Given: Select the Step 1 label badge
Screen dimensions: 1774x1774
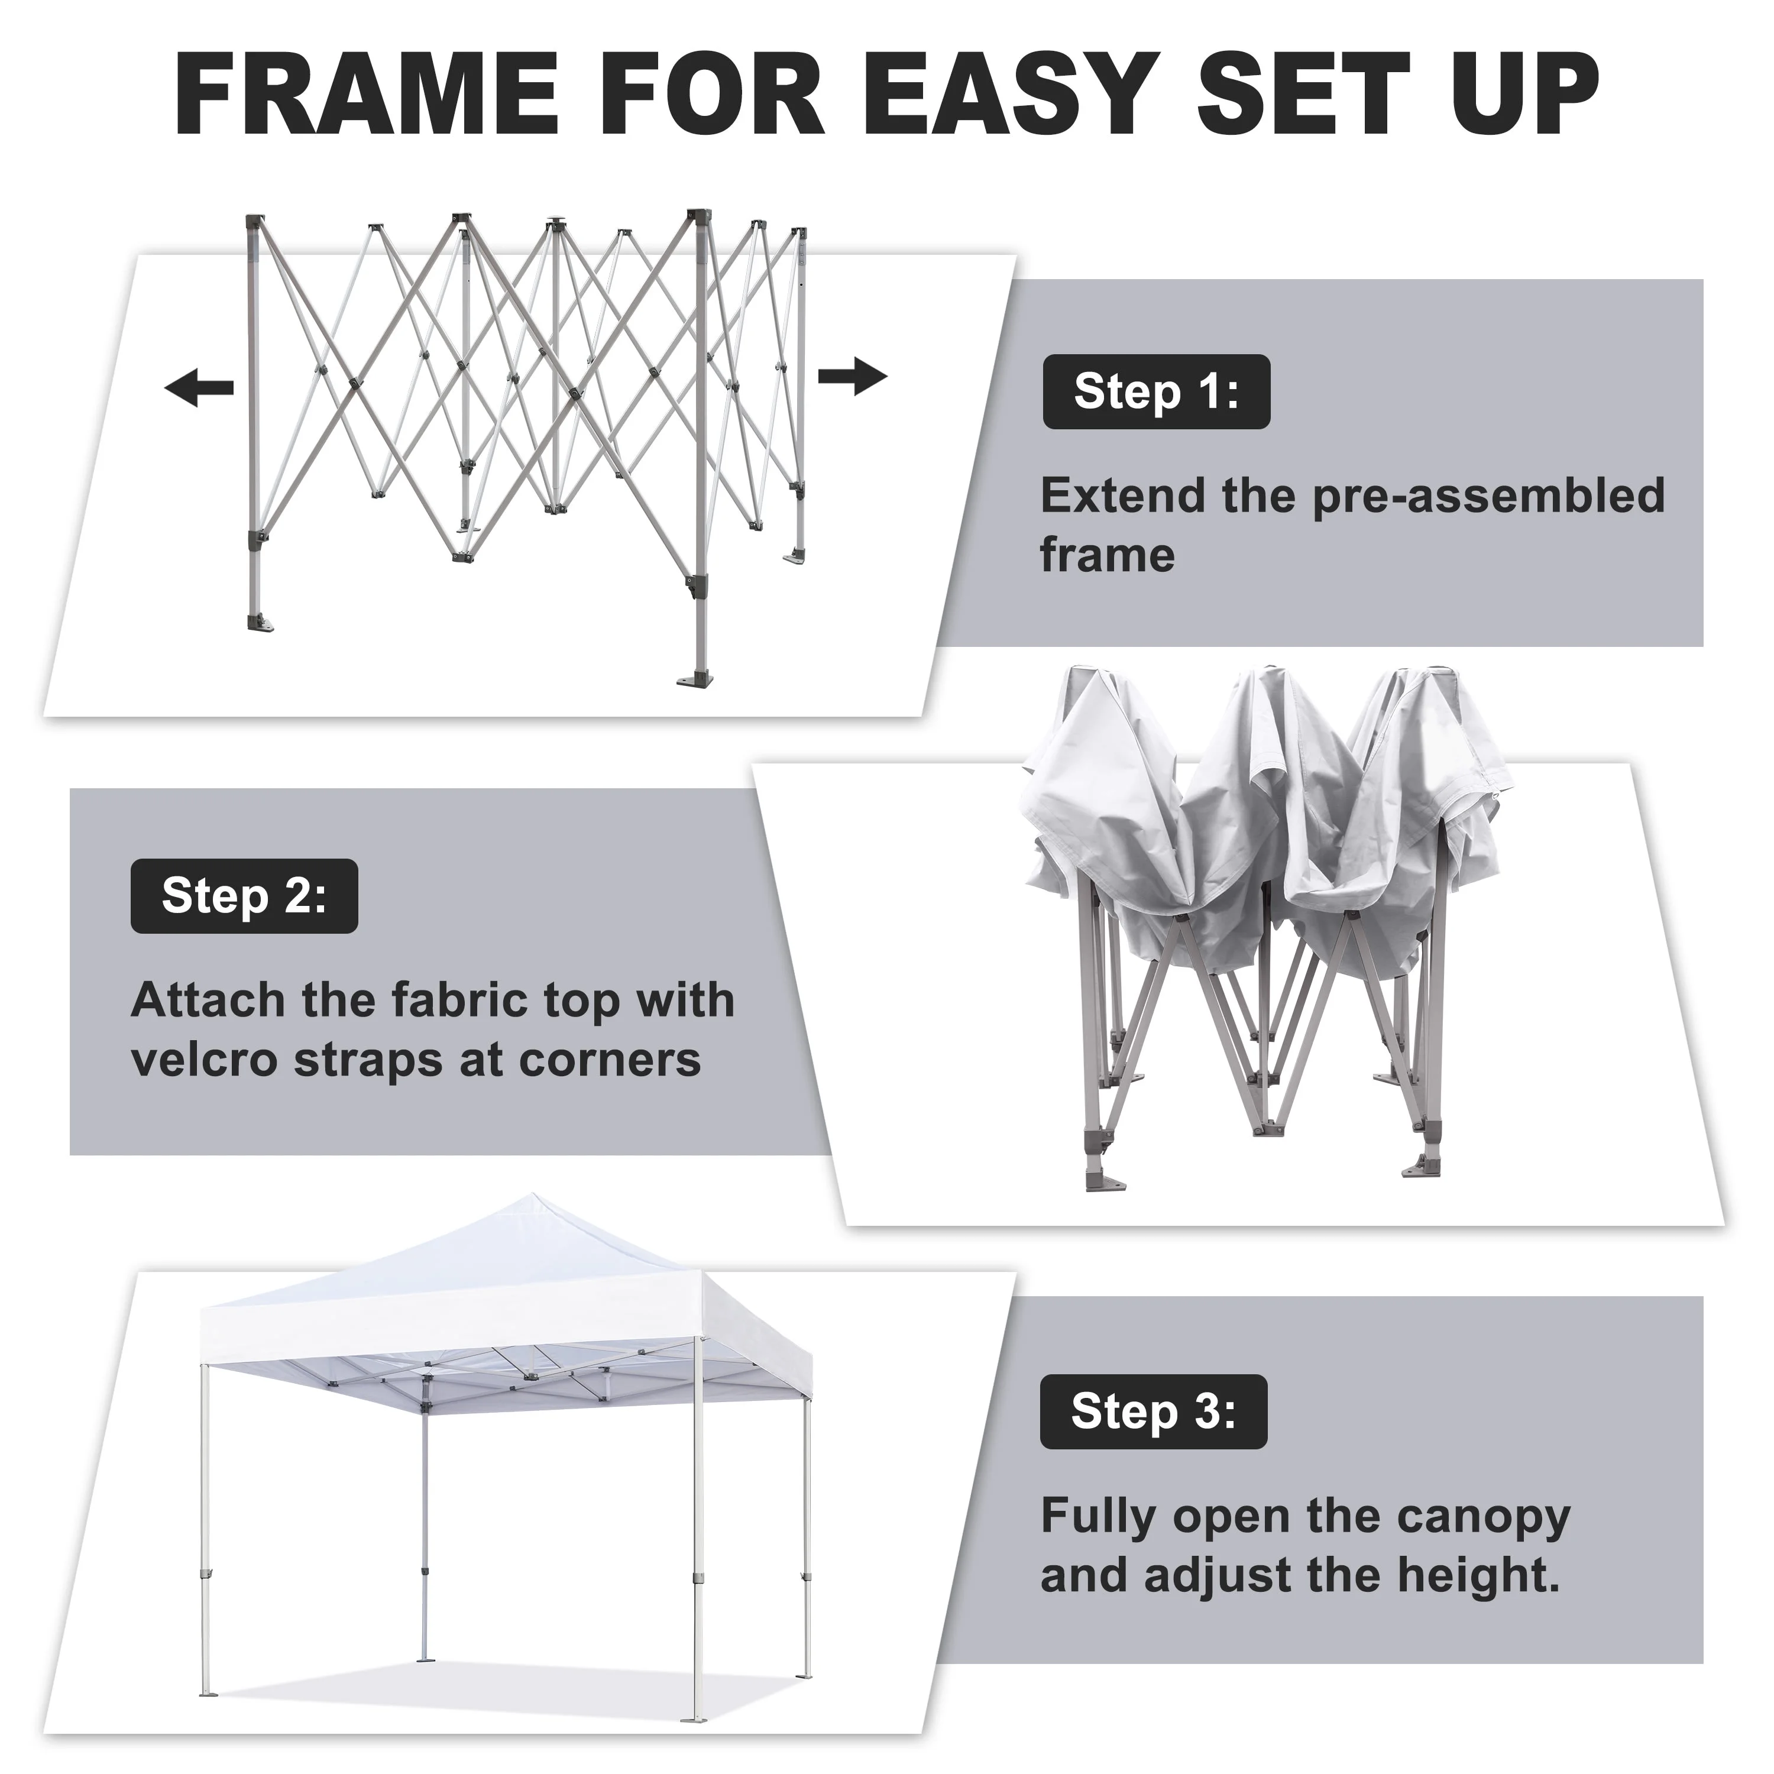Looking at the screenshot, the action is (1156, 392).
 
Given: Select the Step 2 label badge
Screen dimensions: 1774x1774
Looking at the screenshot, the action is (244, 896).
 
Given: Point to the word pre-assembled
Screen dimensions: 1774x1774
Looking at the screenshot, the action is (1488, 497).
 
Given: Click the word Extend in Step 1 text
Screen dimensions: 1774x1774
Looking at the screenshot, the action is (1122, 497).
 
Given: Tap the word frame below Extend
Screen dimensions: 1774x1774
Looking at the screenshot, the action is (1106, 555).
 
